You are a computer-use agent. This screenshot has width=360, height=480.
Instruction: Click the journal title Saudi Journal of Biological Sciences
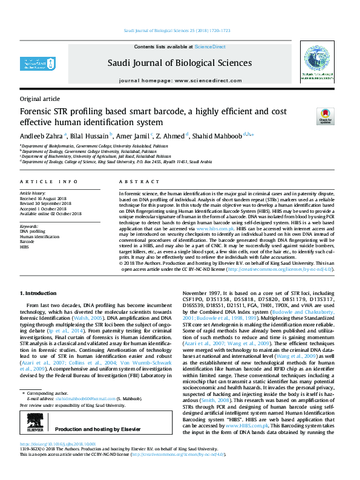pos(180,62)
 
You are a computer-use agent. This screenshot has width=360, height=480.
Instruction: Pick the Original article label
pos(40,99)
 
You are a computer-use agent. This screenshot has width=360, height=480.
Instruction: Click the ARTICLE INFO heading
pos(49,181)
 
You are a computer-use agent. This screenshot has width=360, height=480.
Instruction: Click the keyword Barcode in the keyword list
pos(28,242)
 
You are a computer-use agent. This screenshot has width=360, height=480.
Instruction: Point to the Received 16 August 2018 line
pos(44,198)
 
